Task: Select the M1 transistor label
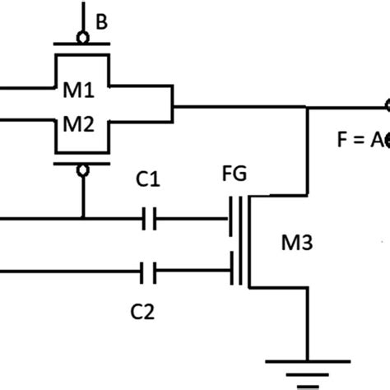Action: (x=83, y=90)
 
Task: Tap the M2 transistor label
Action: (x=83, y=125)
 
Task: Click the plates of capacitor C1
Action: (x=149, y=219)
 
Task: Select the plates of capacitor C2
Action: (x=149, y=269)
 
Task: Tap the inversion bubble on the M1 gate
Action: (x=83, y=38)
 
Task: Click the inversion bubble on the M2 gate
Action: (x=83, y=171)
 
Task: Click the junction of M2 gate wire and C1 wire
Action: (x=83, y=219)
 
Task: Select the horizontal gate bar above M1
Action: (x=83, y=46)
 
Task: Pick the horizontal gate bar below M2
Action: (x=83, y=163)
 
